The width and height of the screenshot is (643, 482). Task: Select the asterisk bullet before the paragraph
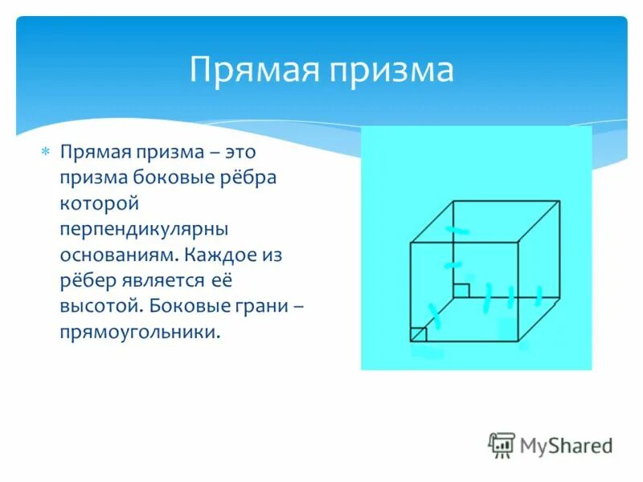[46, 151]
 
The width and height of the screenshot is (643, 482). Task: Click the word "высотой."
[99, 306]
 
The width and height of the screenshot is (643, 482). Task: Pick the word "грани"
[257, 306]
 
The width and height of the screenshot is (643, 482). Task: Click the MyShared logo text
[566, 445]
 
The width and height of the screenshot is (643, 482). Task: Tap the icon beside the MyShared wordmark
[502, 445]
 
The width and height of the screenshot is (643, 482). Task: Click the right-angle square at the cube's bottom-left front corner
[418, 334]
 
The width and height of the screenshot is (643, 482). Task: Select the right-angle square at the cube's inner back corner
[461, 290]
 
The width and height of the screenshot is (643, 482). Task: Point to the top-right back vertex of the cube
[560, 201]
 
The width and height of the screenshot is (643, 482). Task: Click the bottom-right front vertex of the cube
[518, 341]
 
